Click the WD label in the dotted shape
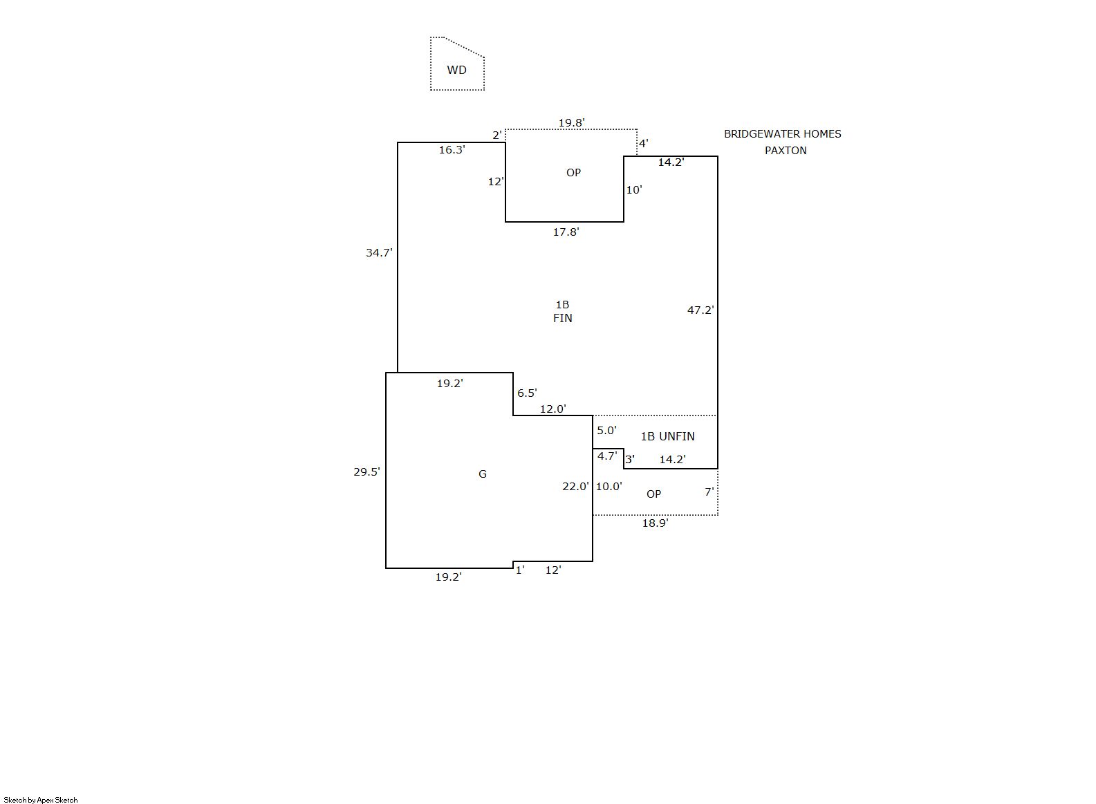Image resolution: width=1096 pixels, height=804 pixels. tap(456, 70)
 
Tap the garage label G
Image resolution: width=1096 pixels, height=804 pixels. tap(483, 474)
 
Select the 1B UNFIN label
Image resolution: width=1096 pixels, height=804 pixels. tap(667, 436)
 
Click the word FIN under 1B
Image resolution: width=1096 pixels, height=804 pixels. tap(562, 319)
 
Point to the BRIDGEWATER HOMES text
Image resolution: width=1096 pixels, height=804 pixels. tap(782, 134)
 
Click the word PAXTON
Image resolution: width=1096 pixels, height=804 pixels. tap(786, 151)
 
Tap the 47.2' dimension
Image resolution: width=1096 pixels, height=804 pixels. tap(700, 310)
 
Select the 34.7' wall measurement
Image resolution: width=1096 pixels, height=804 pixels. tap(379, 253)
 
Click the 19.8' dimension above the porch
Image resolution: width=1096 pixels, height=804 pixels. tap(571, 123)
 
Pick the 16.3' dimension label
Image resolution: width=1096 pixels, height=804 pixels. tap(452, 149)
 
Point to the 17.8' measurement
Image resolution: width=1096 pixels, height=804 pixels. tap(566, 232)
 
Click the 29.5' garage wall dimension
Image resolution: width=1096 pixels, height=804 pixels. tap(366, 472)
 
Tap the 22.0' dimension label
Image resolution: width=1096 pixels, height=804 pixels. tap(575, 487)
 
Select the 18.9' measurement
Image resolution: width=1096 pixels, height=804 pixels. tap(655, 523)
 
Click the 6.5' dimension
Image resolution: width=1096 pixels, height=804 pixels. tap(527, 393)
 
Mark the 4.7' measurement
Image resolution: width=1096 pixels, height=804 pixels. tap(607, 456)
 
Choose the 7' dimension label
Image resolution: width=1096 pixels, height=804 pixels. tap(709, 492)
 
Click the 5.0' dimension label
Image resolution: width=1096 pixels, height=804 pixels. tap(606, 431)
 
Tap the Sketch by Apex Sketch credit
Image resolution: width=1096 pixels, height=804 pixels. tap(41, 800)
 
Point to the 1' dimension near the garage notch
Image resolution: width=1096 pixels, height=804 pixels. tap(520, 570)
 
